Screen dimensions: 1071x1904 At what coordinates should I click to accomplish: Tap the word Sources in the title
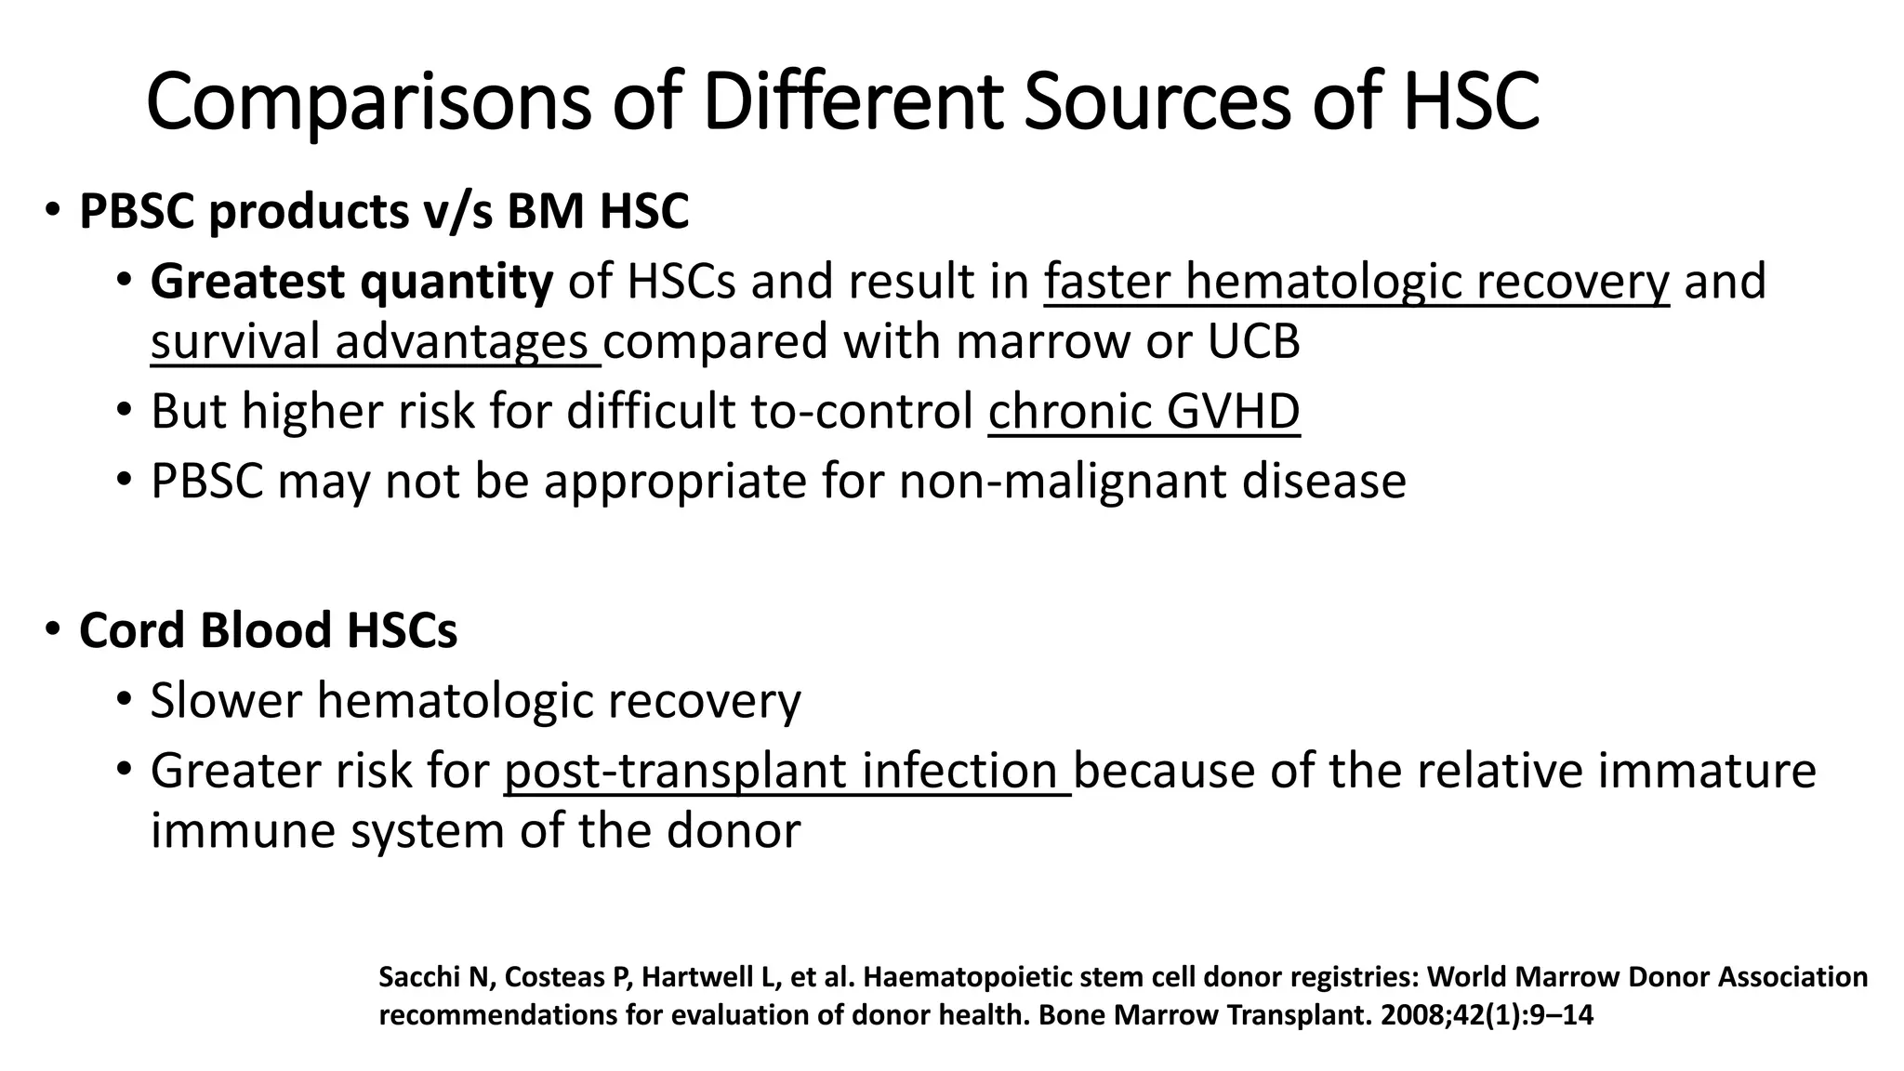coord(1157,102)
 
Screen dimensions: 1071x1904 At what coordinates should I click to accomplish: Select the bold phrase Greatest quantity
coord(351,282)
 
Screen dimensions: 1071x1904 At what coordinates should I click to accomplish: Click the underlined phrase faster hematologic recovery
coord(1356,282)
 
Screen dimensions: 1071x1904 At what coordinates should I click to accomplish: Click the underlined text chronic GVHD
coord(1144,411)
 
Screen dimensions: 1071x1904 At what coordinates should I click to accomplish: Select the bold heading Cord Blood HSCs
coord(268,630)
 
